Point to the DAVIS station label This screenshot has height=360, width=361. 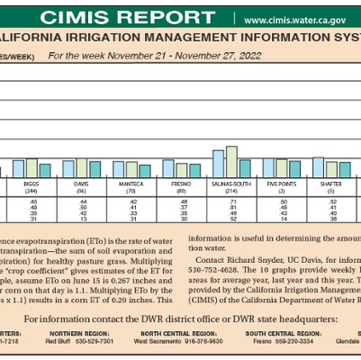tap(82, 184)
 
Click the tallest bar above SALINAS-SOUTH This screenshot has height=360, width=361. tap(231, 161)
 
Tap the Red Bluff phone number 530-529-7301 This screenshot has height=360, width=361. tap(94, 343)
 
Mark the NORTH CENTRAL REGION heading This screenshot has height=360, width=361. tap(169, 334)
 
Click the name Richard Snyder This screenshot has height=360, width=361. tap(256, 258)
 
